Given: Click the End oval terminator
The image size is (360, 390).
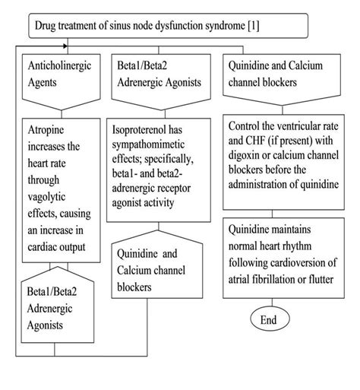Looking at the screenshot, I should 268,320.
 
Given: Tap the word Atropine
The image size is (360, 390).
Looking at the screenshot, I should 51,129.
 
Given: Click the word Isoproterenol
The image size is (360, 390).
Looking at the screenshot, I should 148,130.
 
